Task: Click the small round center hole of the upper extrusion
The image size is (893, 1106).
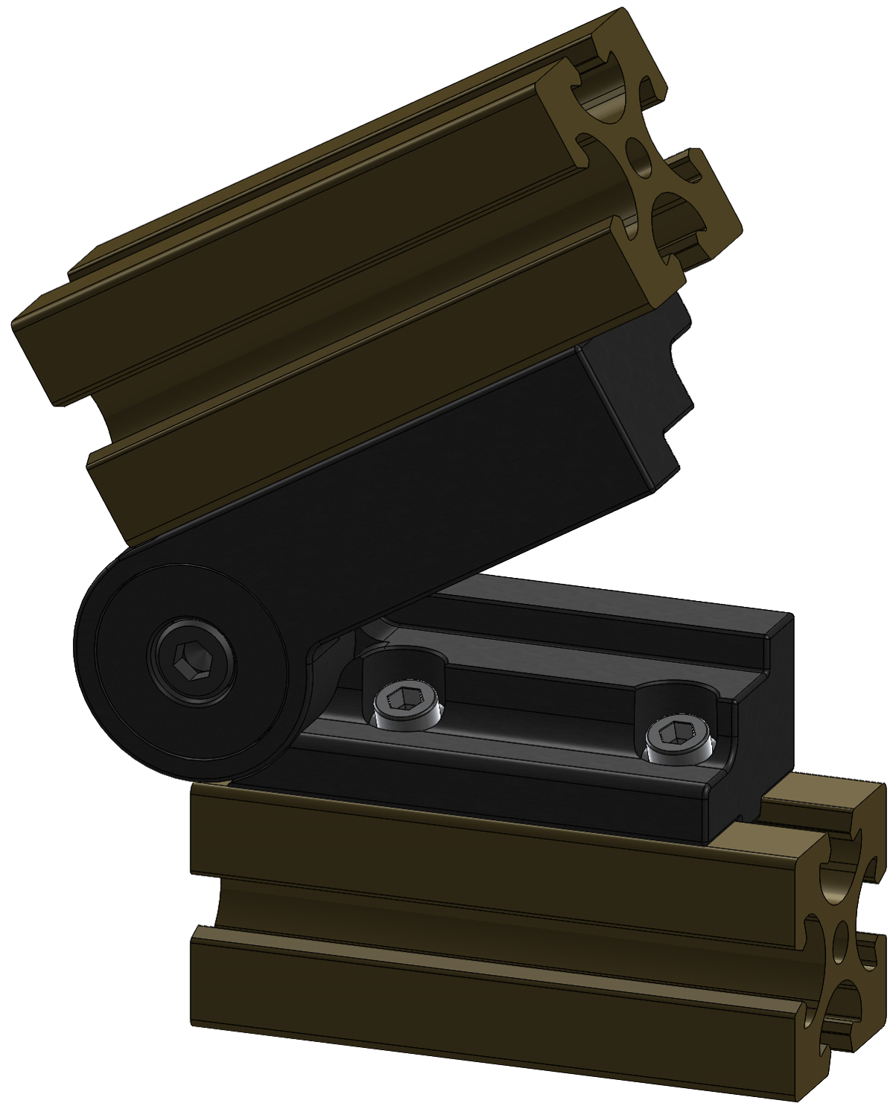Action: pyautogui.click(x=638, y=157)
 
